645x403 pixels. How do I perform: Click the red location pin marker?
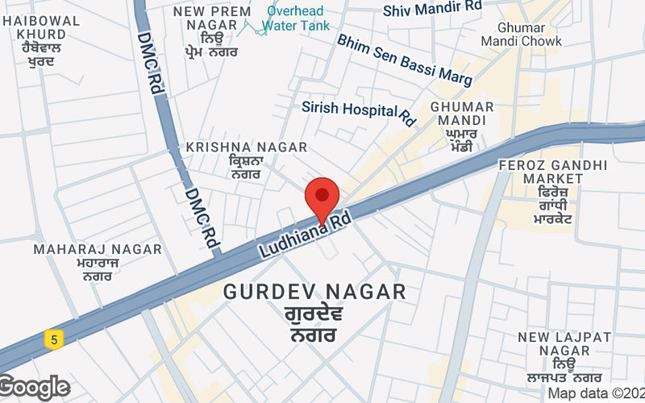coord(322,197)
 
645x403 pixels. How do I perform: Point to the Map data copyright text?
coord(596,393)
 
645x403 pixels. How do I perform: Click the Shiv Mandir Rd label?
coord(432,9)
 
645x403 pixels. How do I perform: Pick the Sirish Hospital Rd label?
coord(359,110)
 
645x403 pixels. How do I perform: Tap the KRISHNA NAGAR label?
coord(246,147)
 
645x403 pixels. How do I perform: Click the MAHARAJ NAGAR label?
coord(98,249)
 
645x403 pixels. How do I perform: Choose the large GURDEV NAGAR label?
coord(314,292)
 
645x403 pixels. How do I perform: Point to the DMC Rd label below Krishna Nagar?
coord(202,218)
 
